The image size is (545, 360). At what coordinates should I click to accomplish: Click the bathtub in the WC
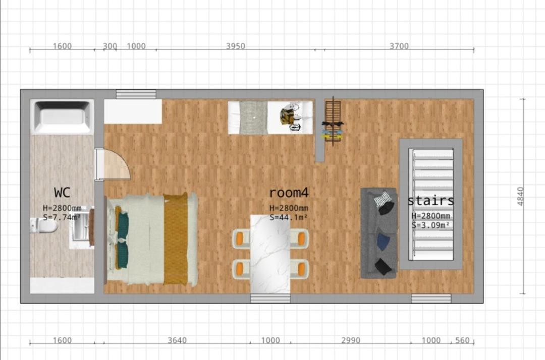(62, 117)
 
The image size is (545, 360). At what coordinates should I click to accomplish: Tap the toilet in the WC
(44, 226)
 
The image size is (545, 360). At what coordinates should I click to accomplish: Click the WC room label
(62, 192)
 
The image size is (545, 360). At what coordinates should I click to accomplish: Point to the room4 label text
(289, 192)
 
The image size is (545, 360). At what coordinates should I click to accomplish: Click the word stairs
(430, 201)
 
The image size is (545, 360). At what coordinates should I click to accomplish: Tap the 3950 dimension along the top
(236, 46)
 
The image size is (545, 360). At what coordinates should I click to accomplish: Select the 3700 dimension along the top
(399, 46)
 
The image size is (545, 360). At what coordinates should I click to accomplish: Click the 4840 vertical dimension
(520, 197)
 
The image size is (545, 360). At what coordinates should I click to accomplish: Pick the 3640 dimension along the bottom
(177, 340)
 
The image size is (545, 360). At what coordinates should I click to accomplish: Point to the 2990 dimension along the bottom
(350, 340)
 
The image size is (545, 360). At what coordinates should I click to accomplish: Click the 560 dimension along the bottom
(462, 340)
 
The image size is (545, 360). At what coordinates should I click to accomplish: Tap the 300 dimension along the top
(110, 46)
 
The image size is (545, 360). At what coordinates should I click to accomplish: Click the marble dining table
(270, 254)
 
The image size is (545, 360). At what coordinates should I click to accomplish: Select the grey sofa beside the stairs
(379, 233)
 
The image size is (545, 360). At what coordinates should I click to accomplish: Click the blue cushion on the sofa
(383, 242)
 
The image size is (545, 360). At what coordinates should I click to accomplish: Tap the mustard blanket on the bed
(176, 239)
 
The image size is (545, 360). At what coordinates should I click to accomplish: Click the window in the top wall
(136, 94)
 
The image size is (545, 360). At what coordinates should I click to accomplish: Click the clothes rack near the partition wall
(333, 122)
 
